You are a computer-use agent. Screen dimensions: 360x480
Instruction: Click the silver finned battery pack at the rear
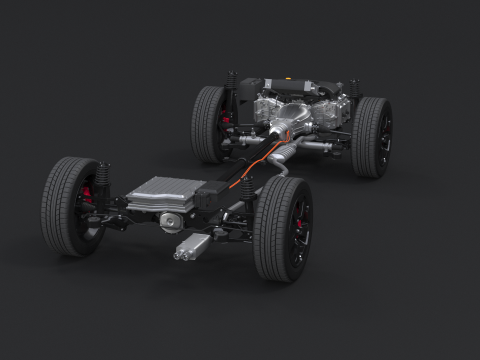[x=160, y=193]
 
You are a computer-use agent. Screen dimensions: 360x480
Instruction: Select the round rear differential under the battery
[x=171, y=223]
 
